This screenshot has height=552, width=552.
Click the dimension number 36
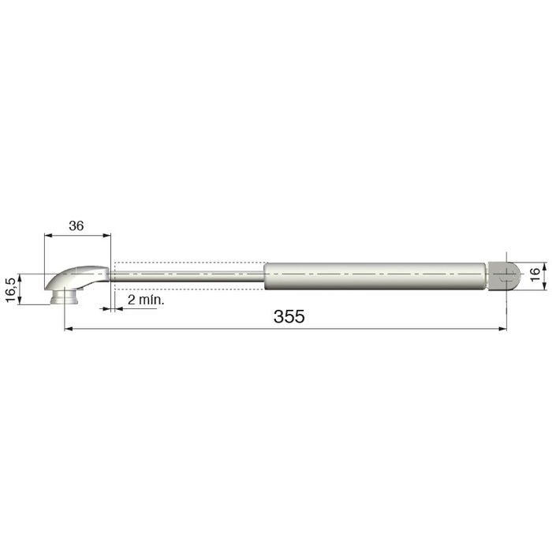tap(76, 226)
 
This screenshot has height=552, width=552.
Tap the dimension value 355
tap(289, 316)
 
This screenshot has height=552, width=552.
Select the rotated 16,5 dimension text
tap(10, 289)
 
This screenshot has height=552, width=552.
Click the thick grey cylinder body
tap(375, 276)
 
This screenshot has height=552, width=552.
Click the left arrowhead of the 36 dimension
tap(47, 234)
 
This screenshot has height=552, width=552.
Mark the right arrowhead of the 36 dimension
tap(107, 234)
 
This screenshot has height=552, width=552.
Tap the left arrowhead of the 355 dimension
tap(66, 328)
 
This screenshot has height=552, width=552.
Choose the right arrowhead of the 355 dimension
tap(502, 328)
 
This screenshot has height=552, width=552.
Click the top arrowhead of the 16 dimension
tap(523, 263)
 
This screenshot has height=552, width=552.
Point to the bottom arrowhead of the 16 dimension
tap(523, 288)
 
